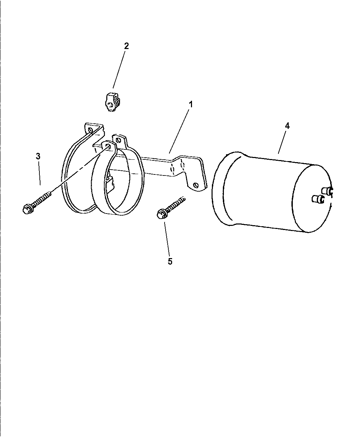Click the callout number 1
pos(190,105)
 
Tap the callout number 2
pos(126,46)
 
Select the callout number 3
pos(38,156)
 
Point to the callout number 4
pos(287,126)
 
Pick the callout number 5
pos(170,262)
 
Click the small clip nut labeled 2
pos(113,102)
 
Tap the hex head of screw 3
pos(27,209)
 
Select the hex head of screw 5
pos(161,214)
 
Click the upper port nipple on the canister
pos(327,191)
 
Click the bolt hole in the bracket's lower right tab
pos(196,185)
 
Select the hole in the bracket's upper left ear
pos(91,130)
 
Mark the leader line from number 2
pos(119,69)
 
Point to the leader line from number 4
pos(282,142)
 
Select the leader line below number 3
pos(39,173)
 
